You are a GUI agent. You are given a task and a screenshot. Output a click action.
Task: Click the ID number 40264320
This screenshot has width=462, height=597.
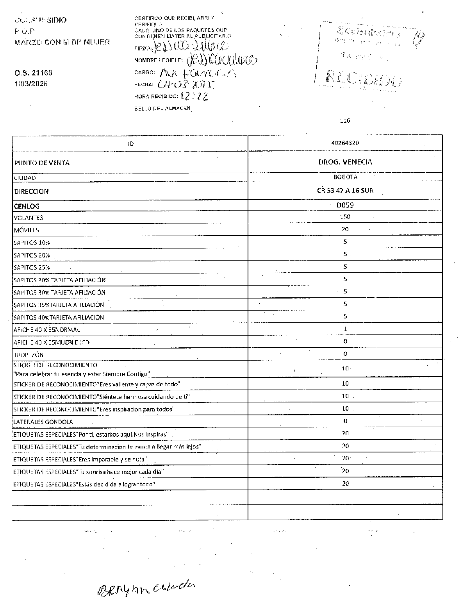(x=345, y=143)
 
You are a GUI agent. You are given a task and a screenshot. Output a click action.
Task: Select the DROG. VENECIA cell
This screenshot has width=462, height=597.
(x=345, y=162)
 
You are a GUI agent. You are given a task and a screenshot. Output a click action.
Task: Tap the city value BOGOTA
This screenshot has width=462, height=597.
(x=345, y=177)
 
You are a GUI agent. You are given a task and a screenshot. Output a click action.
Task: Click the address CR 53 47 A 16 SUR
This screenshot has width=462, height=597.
(x=345, y=191)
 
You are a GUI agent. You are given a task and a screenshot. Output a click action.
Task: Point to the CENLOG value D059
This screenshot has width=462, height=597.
(x=345, y=205)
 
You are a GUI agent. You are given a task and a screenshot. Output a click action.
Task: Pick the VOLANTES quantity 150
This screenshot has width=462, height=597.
(x=345, y=217)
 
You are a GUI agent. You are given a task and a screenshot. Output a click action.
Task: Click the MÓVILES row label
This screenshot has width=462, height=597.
(x=26, y=230)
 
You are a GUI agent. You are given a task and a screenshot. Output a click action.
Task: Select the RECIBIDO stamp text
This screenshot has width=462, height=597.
(x=363, y=78)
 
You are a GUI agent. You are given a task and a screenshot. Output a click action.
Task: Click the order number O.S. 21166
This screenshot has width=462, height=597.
(x=33, y=73)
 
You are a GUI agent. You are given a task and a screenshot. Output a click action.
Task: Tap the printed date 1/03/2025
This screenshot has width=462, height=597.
(x=31, y=83)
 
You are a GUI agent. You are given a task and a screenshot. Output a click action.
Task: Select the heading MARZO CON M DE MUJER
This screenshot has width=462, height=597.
(x=62, y=42)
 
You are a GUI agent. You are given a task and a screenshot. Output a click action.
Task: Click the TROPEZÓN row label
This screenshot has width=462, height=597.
(x=29, y=355)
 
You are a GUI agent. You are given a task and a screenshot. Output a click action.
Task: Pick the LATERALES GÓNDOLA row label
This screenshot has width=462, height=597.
(x=43, y=422)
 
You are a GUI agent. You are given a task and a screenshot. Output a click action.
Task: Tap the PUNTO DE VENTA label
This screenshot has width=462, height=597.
(x=42, y=163)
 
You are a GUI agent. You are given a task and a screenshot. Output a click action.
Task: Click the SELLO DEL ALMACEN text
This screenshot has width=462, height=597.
(x=162, y=108)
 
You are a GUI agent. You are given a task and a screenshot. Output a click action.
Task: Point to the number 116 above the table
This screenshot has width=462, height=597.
(x=345, y=121)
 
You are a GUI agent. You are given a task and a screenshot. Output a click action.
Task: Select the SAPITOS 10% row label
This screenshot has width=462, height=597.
(x=32, y=243)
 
